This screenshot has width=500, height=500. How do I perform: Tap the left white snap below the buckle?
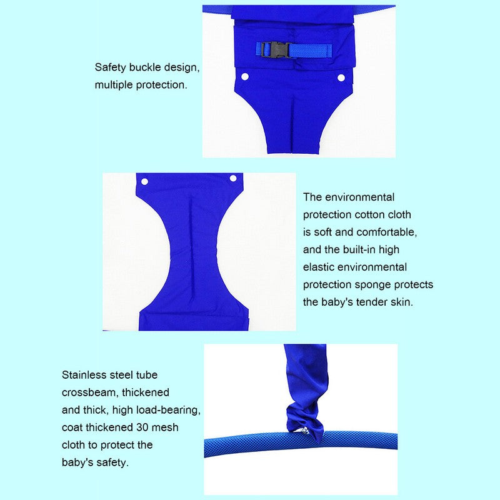245,77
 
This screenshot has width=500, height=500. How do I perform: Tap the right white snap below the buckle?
341,77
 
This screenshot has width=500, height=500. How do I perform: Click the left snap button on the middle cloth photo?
144,182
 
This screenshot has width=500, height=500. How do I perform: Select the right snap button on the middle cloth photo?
233,178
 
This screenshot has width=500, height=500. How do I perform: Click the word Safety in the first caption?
111,67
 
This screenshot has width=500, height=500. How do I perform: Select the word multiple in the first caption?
114,85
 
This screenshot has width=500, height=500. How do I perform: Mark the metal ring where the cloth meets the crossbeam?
305,432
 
